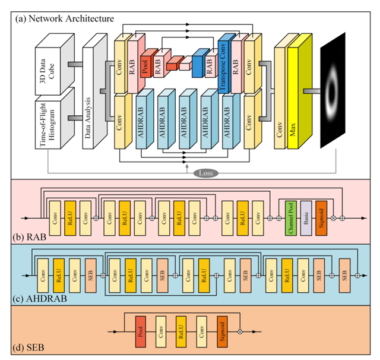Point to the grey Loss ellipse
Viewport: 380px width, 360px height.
pyautogui.click(x=205, y=173)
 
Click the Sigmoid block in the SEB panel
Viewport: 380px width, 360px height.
pyautogui.click(x=223, y=330)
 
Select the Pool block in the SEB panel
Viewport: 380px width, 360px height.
pyautogui.click(x=141, y=330)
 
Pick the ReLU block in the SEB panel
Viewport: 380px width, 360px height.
pyautogui.click(x=182, y=330)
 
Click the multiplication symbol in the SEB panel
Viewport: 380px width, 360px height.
pyautogui.click(x=240, y=330)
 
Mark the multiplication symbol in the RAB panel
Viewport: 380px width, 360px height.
pyautogui.click(x=334, y=217)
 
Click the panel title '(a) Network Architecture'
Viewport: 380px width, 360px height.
pyautogui.click(x=65, y=18)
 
